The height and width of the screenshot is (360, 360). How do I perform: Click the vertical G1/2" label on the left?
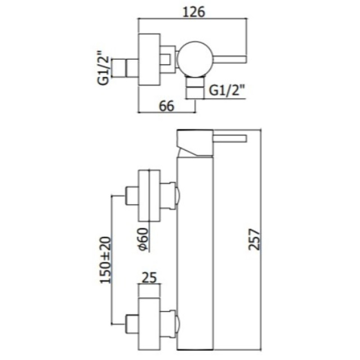coord(104,68)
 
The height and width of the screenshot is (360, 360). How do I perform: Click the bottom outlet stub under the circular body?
coord(194,88)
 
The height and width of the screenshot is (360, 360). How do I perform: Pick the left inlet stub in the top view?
coord(126,67)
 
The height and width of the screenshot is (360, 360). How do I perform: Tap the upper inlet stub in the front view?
coord(132,195)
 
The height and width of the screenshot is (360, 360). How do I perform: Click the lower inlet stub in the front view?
coord(132,322)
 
